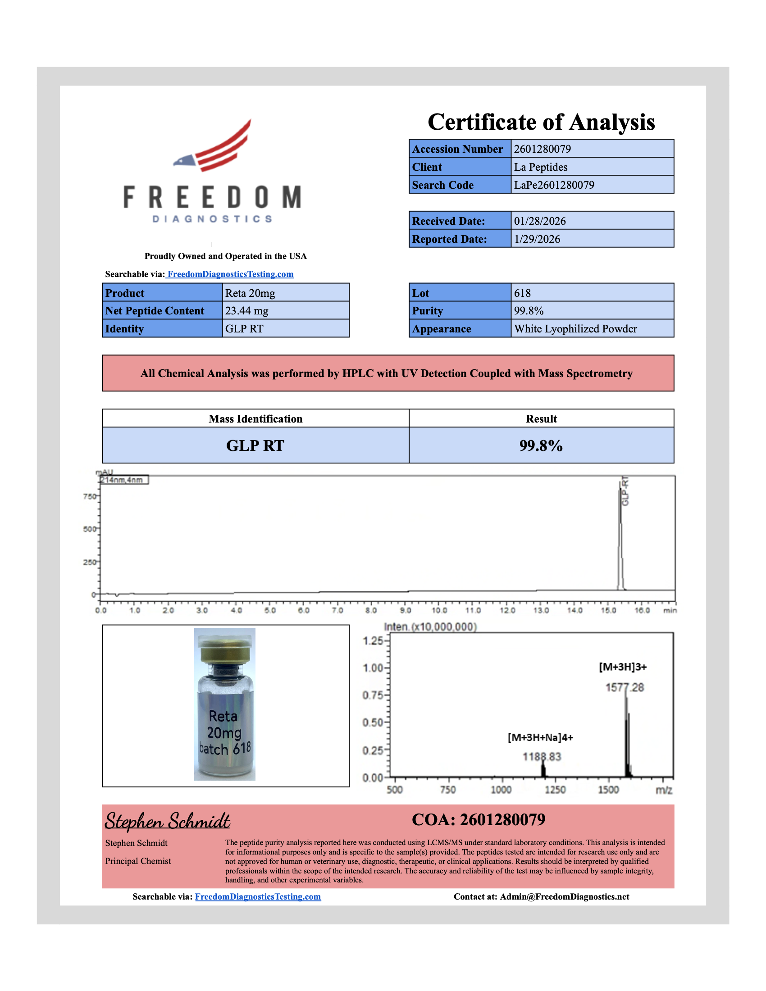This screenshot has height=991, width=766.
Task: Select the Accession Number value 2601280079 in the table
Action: point(542,149)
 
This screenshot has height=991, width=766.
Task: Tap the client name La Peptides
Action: point(540,167)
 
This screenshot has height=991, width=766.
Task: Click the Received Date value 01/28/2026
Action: point(539,221)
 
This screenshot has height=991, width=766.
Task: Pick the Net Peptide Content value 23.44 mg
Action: point(246,311)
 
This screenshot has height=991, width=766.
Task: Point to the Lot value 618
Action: point(522,293)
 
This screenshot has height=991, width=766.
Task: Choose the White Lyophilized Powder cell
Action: point(575,329)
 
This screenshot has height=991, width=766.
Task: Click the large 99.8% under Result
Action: point(541,445)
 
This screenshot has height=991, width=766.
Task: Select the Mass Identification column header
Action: point(255,419)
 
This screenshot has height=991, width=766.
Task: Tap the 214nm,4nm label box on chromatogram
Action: point(123,480)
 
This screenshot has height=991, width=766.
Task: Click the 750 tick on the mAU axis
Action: point(89,496)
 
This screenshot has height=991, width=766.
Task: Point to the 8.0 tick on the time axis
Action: point(371,611)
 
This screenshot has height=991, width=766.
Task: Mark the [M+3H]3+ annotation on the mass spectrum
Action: point(623,667)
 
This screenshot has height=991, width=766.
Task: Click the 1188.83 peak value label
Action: point(541,757)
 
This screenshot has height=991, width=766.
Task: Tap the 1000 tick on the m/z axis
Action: point(501,790)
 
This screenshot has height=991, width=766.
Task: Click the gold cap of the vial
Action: point(225,649)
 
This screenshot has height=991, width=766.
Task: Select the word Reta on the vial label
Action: point(223,717)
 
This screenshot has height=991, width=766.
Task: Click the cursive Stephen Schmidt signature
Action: point(168,821)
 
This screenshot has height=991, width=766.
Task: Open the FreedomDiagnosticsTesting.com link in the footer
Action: point(258,896)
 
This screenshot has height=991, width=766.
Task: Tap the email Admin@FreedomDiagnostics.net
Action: point(565,896)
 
